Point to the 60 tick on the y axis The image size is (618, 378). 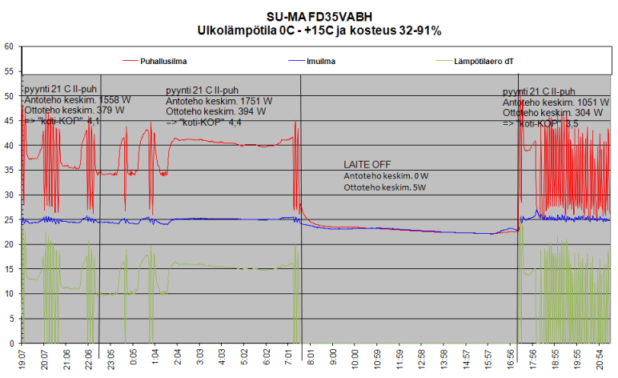pyautogui.click(x=9, y=46)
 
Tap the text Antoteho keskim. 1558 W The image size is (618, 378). pyautogui.click(x=77, y=100)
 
